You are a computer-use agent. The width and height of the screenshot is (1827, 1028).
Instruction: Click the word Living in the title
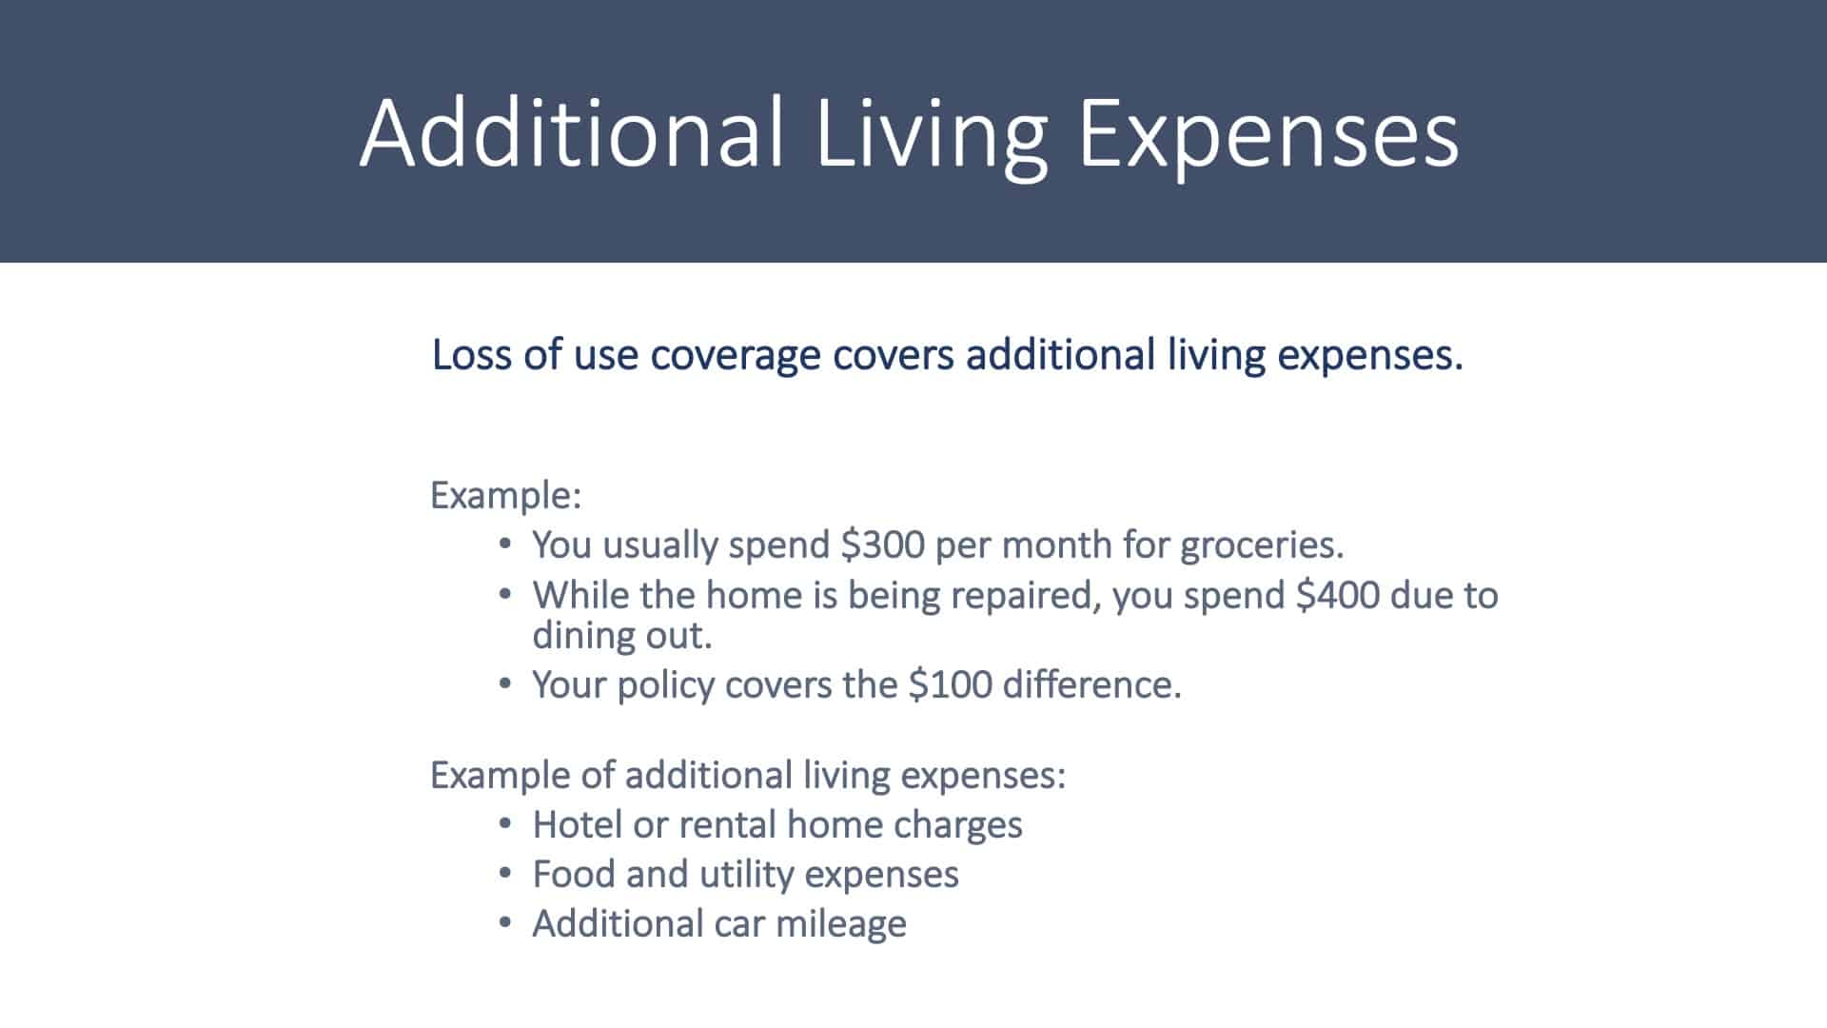[931, 133]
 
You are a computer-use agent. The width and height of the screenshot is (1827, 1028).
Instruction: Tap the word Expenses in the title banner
[1267, 133]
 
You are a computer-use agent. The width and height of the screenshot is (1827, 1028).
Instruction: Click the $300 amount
[882, 544]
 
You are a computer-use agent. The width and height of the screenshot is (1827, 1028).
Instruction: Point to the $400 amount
[1337, 595]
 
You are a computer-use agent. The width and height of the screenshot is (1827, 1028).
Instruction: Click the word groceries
[1262, 546]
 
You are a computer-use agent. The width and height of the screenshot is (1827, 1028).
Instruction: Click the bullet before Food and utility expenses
[505, 874]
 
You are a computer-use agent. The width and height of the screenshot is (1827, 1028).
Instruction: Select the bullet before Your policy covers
[505, 683]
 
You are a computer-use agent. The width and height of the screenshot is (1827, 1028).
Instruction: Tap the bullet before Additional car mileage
[505, 923]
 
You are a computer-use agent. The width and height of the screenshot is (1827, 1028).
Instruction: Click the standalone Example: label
[505, 497]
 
